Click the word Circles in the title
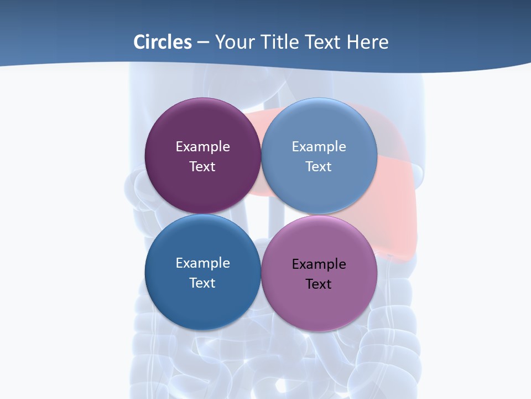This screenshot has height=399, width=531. pyautogui.click(x=163, y=42)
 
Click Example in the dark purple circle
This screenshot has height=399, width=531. pyautogui.click(x=202, y=147)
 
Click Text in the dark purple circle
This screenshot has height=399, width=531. pyautogui.click(x=202, y=167)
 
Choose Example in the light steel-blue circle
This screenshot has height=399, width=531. pyautogui.click(x=319, y=147)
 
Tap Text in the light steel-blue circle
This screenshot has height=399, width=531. pyautogui.click(x=319, y=167)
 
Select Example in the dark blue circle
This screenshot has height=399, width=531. pyautogui.click(x=202, y=263)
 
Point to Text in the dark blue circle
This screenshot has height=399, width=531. pyautogui.click(x=202, y=283)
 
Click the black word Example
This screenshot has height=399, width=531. pyautogui.click(x=319, y=264)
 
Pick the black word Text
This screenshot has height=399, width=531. pyautogui.click(x=319, y=284)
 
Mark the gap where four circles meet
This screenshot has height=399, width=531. pyautogui.click(x=261, y=214)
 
